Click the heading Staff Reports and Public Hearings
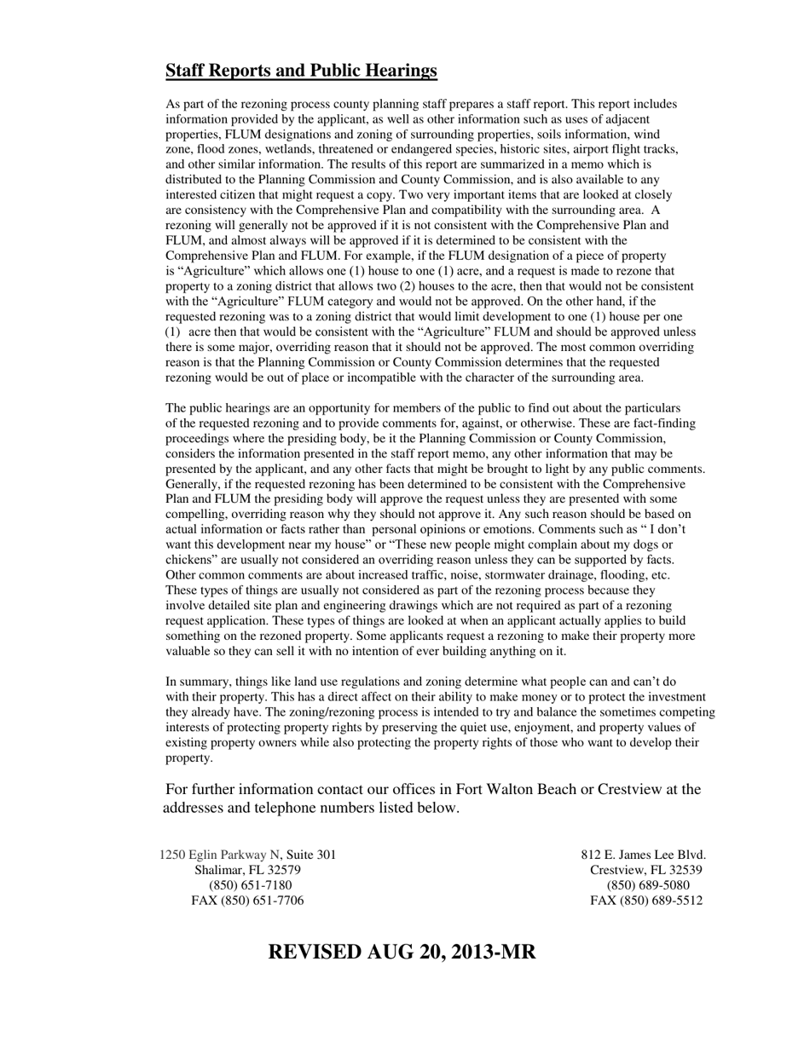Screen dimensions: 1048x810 (x=301, y=71)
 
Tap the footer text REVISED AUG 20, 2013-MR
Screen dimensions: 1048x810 (x=402, y=952)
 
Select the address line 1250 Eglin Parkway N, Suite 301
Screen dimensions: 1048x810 (x=247, y=855)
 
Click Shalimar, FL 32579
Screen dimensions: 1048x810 (x=247, y=870)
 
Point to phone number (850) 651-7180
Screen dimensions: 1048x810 (x=247, y=885)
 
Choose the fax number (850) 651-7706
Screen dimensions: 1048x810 (x=247, y=901)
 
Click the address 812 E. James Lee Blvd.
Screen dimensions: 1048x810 (x=644, y=855)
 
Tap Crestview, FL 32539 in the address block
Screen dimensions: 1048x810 (x=645, y=870)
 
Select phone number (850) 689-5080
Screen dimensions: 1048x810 (x=646, y=885)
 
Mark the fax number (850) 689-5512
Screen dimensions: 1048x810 (x=646, y=901)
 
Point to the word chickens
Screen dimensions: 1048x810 (x=189, y=560)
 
